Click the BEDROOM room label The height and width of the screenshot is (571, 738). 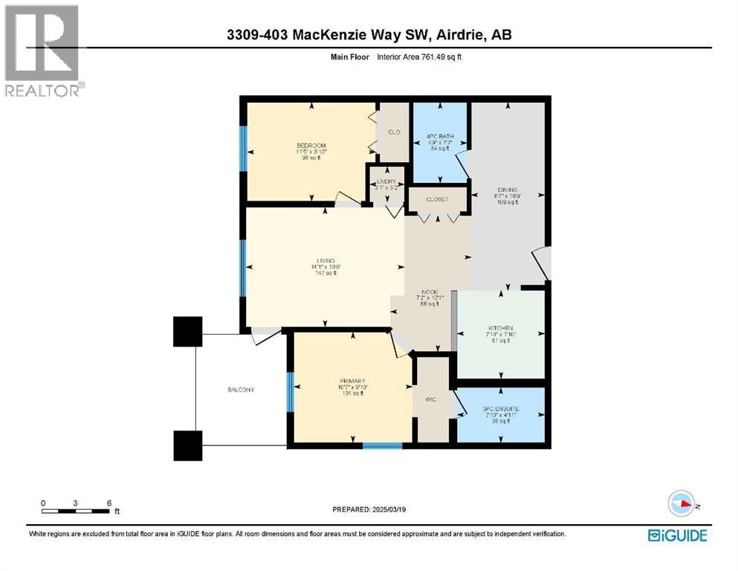pyautogui.click(x=311, y=146)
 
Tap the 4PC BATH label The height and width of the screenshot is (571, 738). pyautogui.click(x=439, y=136)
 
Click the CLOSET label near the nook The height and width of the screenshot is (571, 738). pyautogui.click(x=438, y=200)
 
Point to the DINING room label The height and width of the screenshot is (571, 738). pyautogui.click(x=508, y=190)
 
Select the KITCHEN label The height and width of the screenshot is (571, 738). pyautogui.click(x=501, y=329)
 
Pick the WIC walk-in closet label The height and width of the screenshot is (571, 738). pyautogui.click(x=430, y=400)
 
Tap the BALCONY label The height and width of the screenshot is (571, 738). pyautogui.click(x=241, y=390)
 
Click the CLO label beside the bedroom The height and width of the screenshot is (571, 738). pyautogui.click(x=394, y=132)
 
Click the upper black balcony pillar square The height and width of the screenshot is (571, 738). pyautogui.click(x=188, y=331)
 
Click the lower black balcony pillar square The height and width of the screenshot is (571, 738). pyautogui.click(x=188, y=445)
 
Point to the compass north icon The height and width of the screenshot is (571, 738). pyautogui.click(x=682, y=505)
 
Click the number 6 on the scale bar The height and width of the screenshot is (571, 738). pyautogui.click(x=109, y=503)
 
